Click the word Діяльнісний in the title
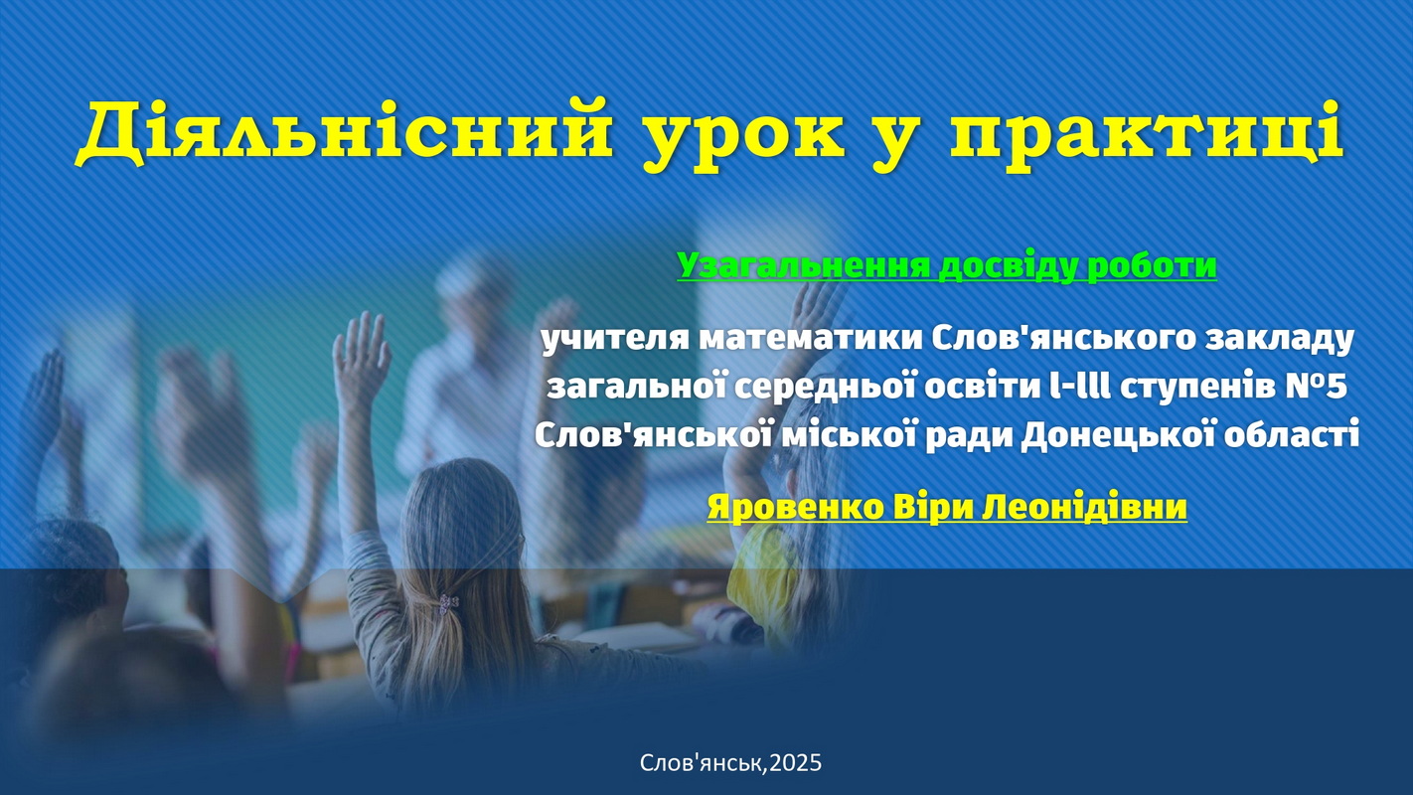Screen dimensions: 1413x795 (x=344, y=132)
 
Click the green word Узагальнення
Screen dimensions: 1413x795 (x=804, y=265)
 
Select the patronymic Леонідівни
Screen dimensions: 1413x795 (x=1084, y=507)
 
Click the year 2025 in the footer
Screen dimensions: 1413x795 (x=796, y=763)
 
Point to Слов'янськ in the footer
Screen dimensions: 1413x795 (x=703, y=763)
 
